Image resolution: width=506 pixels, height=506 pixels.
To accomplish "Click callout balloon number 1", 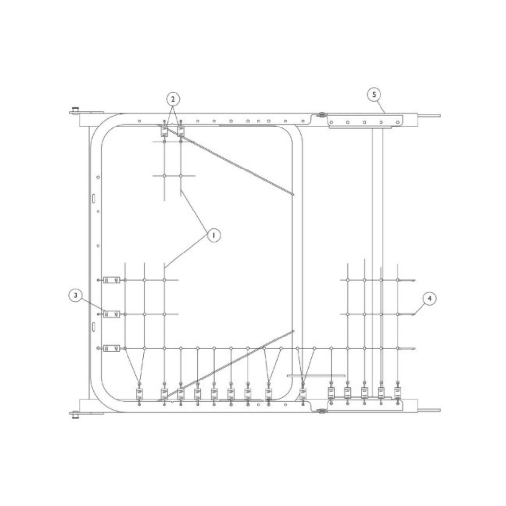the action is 213,235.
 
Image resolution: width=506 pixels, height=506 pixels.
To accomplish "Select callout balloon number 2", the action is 173,99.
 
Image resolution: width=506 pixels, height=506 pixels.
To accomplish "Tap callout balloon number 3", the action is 75,295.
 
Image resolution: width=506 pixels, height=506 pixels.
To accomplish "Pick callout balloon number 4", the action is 429,298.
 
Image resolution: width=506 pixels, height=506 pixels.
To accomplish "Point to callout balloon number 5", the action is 374,94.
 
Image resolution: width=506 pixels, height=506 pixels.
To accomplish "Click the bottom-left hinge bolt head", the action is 75,415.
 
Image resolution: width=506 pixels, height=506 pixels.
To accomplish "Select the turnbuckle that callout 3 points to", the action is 111,314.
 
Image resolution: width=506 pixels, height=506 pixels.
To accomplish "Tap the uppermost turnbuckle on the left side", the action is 111,280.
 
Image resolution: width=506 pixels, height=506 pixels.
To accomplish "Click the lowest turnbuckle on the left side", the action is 111,348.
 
